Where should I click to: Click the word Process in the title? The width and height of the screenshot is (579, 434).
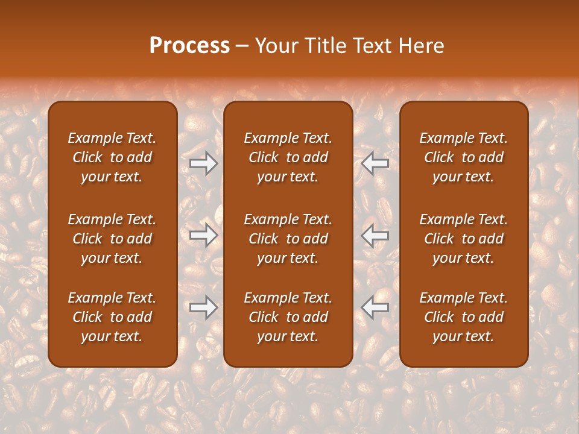pos(189,46)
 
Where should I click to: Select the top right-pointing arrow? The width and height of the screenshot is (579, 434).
pos(204,163)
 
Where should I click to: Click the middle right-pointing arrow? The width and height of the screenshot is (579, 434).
pos(204,235)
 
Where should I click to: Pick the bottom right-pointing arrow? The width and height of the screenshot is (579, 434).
pos(204,307)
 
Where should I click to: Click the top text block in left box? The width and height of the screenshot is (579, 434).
pos(112,157)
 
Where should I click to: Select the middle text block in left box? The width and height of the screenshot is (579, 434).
pos(112,239)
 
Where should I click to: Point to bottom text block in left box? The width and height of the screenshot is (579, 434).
pos(112,317)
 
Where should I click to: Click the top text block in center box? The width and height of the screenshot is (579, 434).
pos(288,157)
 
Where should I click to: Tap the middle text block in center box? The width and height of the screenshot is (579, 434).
pos(288,239)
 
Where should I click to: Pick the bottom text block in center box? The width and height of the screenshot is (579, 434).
pos(288,317)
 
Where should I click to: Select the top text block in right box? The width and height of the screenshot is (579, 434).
pos(463,157)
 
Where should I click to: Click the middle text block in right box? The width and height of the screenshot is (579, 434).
pos(463,239)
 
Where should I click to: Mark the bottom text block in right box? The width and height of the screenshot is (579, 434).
pos(463,317)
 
